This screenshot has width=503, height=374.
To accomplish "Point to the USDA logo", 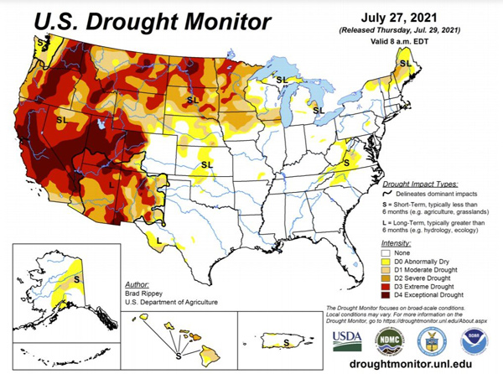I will tap(345, 340).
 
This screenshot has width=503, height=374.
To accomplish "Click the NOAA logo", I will tap(472, 340).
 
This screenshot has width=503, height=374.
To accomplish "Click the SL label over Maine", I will tap(404, 64).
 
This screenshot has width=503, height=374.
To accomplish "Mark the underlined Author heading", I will tap(137, 285).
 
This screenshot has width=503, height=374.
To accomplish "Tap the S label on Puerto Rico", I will tap(287, 343).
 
